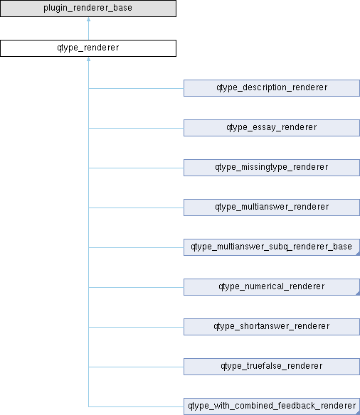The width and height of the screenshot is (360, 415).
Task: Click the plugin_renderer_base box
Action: point(88,9)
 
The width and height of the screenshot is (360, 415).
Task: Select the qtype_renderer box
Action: point(88,48)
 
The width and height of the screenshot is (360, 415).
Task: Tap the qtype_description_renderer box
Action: point(272,88)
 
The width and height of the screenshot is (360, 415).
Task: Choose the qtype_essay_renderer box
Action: point(272,128)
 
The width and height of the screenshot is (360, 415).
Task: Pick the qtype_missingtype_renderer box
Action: point(272,168)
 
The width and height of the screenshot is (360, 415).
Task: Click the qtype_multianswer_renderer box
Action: point(272,207)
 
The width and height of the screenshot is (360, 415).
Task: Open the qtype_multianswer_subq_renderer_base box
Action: point(272,247)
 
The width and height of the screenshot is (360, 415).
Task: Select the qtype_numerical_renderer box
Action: point(272,287)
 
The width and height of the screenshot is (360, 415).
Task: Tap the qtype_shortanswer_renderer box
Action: point(272,327)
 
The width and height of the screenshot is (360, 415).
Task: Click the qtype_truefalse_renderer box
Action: point(272,367)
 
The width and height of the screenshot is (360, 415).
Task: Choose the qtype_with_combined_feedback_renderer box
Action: point(272,406)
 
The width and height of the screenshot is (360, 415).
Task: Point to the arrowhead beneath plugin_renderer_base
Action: point(88,19)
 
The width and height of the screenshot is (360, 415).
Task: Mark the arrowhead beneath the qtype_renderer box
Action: point(88,59)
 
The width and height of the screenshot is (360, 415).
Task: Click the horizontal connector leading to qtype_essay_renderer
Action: point(136,129)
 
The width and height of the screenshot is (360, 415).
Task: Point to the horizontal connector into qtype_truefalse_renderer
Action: point(136,367)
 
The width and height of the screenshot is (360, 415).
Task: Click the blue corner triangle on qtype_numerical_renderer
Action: point(359,293)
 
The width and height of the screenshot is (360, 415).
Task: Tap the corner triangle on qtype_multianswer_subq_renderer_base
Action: point(359,254)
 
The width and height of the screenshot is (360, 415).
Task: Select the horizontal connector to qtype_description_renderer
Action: point(136,88)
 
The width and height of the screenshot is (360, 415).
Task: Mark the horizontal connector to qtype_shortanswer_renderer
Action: point(136,328)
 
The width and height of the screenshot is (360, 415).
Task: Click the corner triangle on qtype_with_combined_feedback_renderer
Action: point(359,413)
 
